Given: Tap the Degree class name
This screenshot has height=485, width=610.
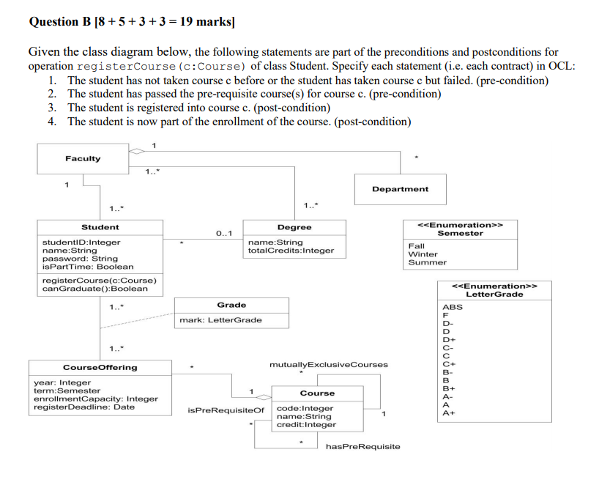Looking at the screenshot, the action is [x=294, y=227].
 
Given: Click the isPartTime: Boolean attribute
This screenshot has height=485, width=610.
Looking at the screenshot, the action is [x=88, y=267].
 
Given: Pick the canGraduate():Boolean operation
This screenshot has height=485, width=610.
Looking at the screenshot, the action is [x=95, y=289].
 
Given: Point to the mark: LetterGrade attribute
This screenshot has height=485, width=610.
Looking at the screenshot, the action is [x=220, y=320].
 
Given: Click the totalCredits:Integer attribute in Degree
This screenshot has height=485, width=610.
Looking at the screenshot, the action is [x=291, y=251].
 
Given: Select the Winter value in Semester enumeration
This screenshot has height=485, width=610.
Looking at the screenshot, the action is [x=423, y=254].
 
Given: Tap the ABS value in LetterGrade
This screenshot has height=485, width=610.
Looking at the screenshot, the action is [x=453, y=307].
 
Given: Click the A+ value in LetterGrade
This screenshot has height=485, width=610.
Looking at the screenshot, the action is [x=449, y=413].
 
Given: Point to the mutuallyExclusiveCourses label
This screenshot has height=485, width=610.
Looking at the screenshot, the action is [x=329, y=365].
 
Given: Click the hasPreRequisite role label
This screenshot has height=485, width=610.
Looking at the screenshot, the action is [x=363, y=446].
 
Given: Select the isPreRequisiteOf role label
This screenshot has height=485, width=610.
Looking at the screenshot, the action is [x=226, y=410].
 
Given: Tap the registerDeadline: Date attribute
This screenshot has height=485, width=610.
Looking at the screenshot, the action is [x=84, y=407].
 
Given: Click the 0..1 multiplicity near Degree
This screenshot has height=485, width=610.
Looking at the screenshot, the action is [x=224, y=233].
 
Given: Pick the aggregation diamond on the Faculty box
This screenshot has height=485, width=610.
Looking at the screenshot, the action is [x=136, y=151].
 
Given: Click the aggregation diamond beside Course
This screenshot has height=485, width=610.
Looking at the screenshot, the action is [x=264, y=397].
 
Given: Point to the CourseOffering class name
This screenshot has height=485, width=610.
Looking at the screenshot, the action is [x=100, y=368].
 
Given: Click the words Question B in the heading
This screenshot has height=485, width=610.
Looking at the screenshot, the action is [x=60, y=21].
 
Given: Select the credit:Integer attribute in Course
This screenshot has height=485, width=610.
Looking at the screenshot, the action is [x=306, y=425].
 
